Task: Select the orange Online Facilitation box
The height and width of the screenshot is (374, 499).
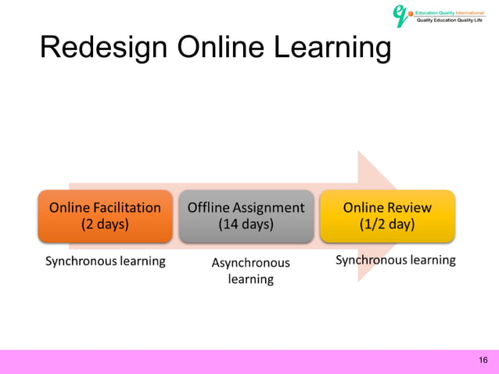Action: (105, 216)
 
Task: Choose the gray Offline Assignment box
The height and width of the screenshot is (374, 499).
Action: (246, 216)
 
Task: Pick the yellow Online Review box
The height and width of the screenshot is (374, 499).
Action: (386, 216)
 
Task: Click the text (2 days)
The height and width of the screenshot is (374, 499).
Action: (105, 225)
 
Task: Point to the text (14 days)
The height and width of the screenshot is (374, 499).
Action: (246, 225)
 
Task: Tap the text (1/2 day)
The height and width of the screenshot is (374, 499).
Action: (386, 225)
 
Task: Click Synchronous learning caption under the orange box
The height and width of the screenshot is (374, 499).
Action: (105, 261)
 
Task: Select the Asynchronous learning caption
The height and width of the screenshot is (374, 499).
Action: (250, 271)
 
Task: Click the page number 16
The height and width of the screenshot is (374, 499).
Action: (482, 360)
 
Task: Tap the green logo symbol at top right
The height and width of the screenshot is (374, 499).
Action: (401, 15)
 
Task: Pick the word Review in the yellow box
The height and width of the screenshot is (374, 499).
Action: (410, 208)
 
